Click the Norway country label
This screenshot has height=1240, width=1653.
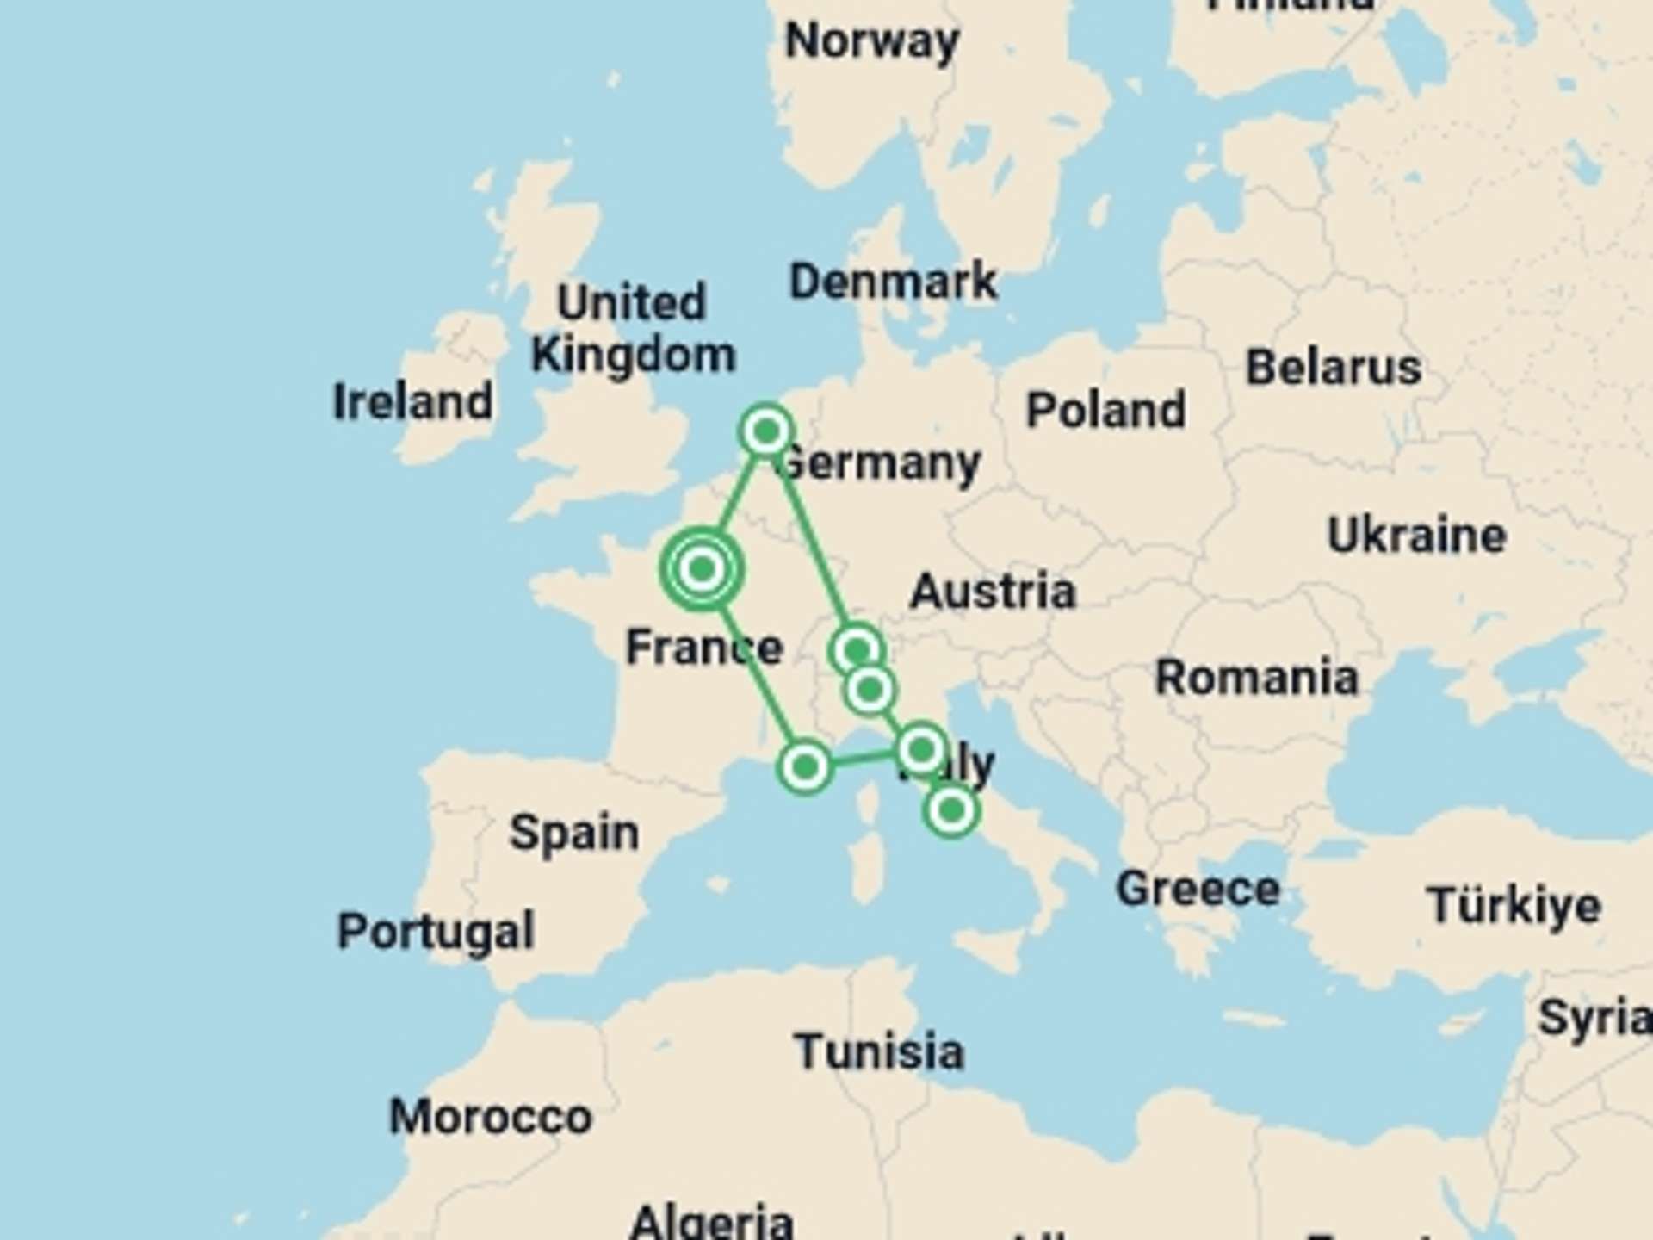[x=872, y=40]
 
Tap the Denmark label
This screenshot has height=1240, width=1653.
[x=893, y=281]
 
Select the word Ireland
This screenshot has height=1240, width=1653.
[x=412, y=401]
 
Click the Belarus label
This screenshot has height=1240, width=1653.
[x=1333, y=367]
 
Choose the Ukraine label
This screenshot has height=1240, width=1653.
[x=1416, y=535]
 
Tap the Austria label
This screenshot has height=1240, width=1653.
[x=993, y=591]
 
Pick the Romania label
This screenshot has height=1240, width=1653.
[x=1256, y=677]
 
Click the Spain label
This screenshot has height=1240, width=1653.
[x=573, y=832]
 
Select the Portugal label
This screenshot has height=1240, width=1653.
[x=436, y=931]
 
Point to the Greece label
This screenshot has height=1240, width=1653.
[x=1198, y=888]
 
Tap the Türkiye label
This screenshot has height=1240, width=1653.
[x=1514, y=905]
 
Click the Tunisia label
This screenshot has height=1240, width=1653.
[x=878, y=1051]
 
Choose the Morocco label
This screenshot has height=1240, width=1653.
[x=491, y=1116]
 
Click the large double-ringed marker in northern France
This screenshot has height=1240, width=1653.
[x=703, y=568]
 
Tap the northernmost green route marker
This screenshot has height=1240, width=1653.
[x=766, y=430]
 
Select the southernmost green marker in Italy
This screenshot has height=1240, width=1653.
[x=951, y=809]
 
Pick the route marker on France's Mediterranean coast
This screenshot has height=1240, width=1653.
[x=805, y=766]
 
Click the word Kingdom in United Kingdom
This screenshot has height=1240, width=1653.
[x=633, y=355]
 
